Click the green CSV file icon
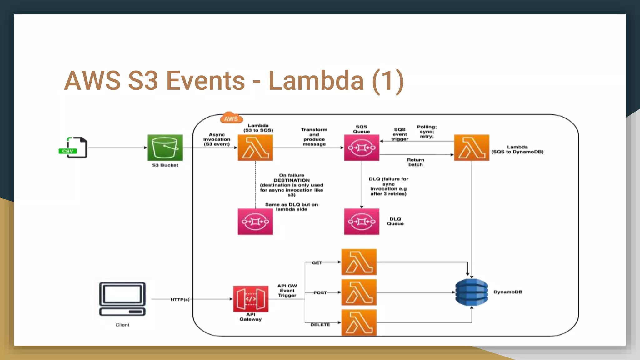tap(73, 147)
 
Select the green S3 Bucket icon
tap(165, 147)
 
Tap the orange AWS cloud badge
tap(231, 118)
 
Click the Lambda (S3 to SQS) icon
tap(255, 147)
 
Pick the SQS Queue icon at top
tap(362, 147)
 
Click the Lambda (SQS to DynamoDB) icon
tap(471, 147)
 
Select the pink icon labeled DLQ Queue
tap(362, 222)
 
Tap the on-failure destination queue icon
tap(255, 222)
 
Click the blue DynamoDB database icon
tap(472, 292)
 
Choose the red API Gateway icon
tap(251, 299)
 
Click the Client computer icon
tap(122, 299)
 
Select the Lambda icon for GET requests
tap(359, 262)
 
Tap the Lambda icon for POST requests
tap(359, 292)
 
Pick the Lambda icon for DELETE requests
tap(359, 322)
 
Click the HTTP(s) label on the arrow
tap(180, 299)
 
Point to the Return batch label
tap(415, 162)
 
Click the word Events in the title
tap(205, 81)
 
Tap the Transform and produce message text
tap(314, 137)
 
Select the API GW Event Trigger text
tap(287, 290)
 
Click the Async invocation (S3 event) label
tap(217, 139)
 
